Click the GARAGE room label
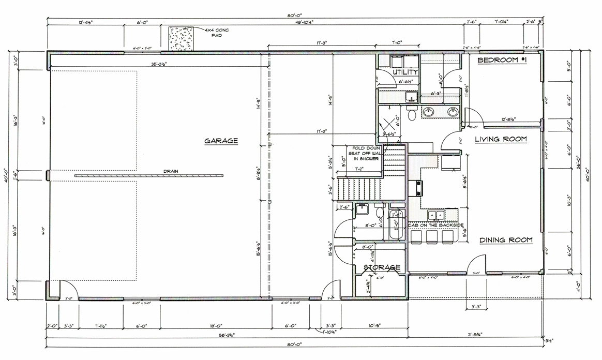tap(221, 141)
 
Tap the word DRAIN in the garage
tap(170, 171)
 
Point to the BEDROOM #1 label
tap(501, 61)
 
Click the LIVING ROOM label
tap(501, 139)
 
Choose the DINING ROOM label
tap(505, 240)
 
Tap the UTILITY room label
tap(405, 72)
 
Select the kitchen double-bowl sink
tap(437, 215)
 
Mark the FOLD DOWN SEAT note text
tap(366, 153)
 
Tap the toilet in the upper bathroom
tap(412, 114)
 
